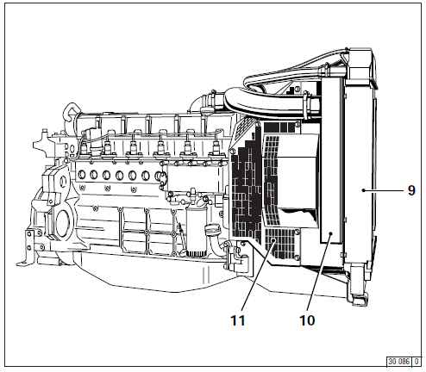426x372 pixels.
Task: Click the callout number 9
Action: pos(411,189)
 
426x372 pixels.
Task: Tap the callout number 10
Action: pos(307,320)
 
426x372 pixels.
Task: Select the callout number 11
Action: pos(237,320)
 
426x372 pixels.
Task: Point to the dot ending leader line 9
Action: pos(364,189)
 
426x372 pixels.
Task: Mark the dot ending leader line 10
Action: pos(331,234)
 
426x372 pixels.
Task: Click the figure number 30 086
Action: pos(398,362)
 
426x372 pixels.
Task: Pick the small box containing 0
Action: pos(417,362)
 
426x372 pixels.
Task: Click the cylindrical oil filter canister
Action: pos(196,230)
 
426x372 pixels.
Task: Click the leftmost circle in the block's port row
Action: pos(81,174)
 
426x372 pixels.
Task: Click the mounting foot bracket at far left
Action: pos(28,247)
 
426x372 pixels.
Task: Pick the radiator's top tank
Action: pos(360,67)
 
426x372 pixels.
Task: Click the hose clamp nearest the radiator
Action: pos(307,105)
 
